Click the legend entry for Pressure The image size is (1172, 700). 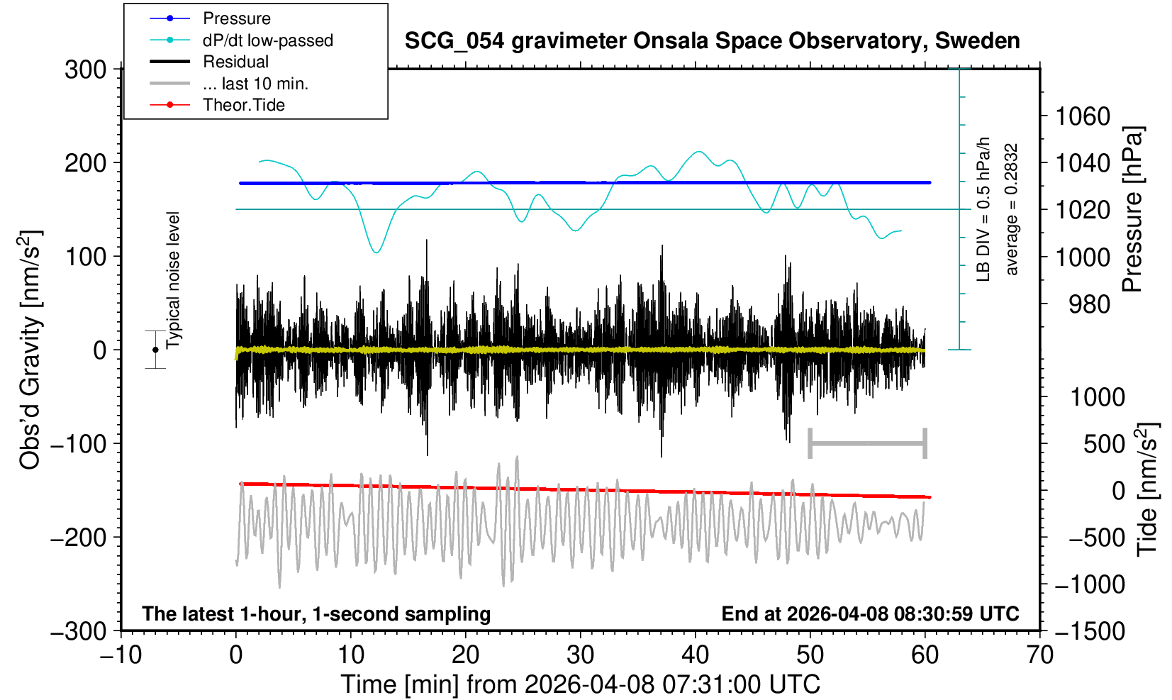(236, 18)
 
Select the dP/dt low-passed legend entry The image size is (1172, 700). (267, 40)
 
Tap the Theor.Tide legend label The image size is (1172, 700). (243, 105)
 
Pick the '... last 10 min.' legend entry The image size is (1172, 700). (255, 84)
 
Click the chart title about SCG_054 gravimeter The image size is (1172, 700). (712, 41)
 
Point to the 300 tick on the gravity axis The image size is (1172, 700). (85, 70)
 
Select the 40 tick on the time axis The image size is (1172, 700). (696, 654)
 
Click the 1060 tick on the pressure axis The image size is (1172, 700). (1083, 116)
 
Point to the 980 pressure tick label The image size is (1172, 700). (1089, 304)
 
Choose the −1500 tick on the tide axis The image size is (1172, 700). (1090, 630)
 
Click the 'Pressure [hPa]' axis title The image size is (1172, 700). (1132, 209)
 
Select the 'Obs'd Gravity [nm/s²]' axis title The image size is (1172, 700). (30, 350)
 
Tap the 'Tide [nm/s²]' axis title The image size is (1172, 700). (1148, 489)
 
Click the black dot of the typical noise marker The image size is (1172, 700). (155, 350)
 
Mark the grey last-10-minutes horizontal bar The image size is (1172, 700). (867, 444)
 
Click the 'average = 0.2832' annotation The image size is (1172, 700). (1012, 209)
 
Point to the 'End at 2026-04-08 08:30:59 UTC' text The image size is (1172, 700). (870, 613)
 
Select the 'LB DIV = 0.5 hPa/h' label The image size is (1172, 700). (983, 209)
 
